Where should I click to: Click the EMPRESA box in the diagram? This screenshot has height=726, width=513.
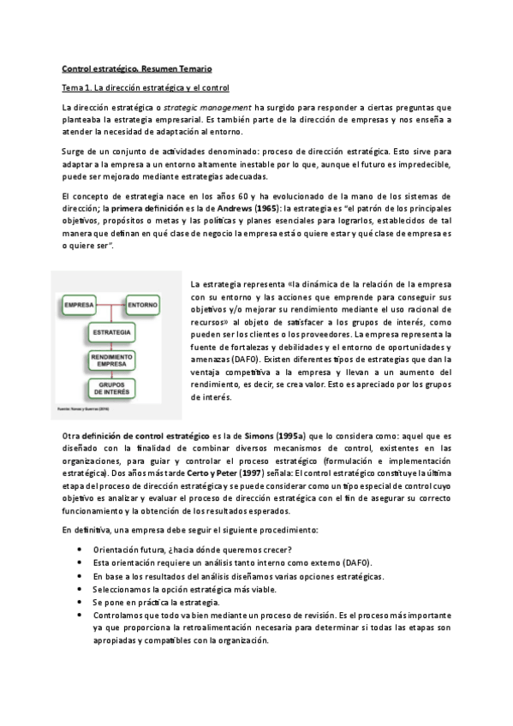click(x=80, y=304)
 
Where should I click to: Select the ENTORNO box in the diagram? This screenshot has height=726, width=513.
click(x=143, y=304)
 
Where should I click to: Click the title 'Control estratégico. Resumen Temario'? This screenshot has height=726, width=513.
click(x=136, y=68)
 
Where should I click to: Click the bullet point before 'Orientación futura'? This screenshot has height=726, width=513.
click(x=80, y=549)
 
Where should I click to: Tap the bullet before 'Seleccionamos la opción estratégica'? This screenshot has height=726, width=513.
click(x=80, y=589)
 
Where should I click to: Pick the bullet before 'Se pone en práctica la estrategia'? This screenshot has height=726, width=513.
click(x=80, y=602)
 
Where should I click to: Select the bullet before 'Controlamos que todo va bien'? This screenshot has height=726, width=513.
click(x=80, y=615)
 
